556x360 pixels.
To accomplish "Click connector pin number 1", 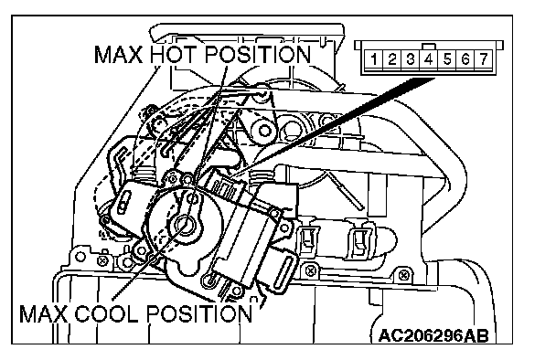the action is click(374, 58).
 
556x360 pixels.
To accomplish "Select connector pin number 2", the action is click(391, 58).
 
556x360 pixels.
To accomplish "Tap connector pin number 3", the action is click(411, 58).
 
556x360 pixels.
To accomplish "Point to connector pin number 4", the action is click(429, 58).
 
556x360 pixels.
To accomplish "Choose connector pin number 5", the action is click(447, 58).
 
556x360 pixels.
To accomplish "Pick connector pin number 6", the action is click(465, 58).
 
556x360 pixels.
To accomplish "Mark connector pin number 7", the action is click(484, 58).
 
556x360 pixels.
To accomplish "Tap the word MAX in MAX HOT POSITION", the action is click(119, 54).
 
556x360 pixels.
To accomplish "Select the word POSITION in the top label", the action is click(258, 54).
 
